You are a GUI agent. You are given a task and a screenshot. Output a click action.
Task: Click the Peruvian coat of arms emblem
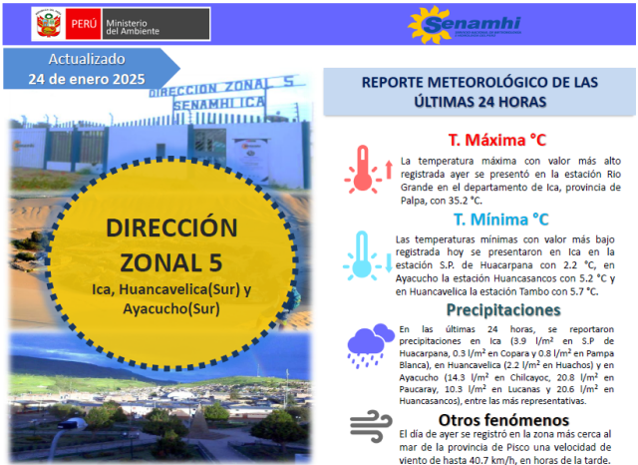(x=49, y=24)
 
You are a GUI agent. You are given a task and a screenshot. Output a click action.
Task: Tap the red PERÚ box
(x=83, y=24)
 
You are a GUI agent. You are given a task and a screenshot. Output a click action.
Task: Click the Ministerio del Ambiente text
(x=133, y=27)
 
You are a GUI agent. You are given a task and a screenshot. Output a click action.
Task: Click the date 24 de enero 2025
(x=87, y=79)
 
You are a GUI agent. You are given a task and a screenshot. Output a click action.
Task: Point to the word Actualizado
(x=87, y=59)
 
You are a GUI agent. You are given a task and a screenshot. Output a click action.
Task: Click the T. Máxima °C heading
(x=497, y=140)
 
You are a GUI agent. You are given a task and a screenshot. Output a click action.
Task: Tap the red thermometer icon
(x=363, y=169)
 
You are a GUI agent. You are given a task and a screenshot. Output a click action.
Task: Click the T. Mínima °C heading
(x=500, y=220)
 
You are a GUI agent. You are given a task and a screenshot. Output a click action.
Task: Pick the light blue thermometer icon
(x=362, y=254)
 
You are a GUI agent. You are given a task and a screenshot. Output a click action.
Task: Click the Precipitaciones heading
(x=503, y=310)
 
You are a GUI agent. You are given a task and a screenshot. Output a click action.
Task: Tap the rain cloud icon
(x=371, y=346)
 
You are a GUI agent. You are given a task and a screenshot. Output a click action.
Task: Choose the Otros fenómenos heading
(x=503, y=420)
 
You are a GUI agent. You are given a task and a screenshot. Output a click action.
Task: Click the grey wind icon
(x=371, y=426)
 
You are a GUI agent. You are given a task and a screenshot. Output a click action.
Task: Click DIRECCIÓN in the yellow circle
(x=171, y=228)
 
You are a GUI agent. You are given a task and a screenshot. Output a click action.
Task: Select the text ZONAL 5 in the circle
(x=171, y=262)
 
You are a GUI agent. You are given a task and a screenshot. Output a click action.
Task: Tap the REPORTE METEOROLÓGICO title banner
(x=479, y=92)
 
